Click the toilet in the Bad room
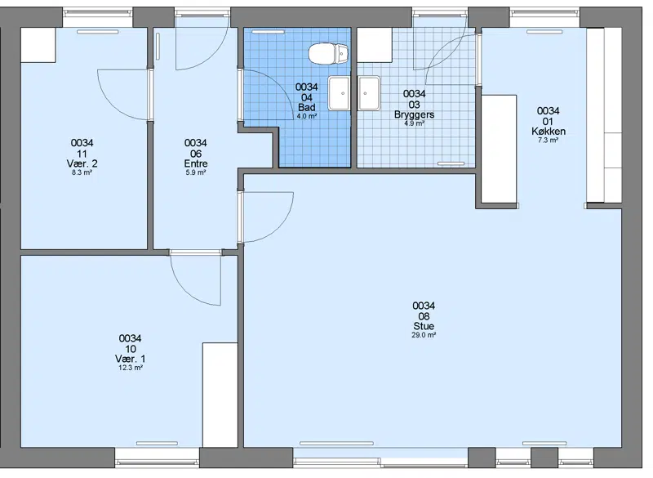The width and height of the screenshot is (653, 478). tap(329, 54)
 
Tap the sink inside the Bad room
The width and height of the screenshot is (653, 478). tap(339, 93)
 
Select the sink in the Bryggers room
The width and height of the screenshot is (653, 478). tap(369, 93)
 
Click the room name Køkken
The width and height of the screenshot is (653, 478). tap(548, 132)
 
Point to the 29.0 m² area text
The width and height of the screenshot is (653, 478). tap(424, 335)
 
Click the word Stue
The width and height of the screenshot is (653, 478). tap(424, 326)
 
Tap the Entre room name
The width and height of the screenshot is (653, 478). tap(196, 163)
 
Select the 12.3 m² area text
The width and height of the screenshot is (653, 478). tap(131, 368)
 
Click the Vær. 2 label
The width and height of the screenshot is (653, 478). tap(82, 163)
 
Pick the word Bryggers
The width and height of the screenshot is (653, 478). tap(415, 114)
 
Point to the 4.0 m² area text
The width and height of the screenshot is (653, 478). tap(307, 116)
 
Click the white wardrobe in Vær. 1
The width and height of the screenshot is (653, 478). tap(220, 395)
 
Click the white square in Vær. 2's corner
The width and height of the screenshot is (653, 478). tap(38, 46)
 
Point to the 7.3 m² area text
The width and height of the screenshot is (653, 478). tap(548, 141)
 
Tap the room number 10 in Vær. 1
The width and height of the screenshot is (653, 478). tap(131, 349)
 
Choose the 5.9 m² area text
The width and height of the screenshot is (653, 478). tap(196, 172)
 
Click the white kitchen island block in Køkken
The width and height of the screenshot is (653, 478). tap(499, 150)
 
